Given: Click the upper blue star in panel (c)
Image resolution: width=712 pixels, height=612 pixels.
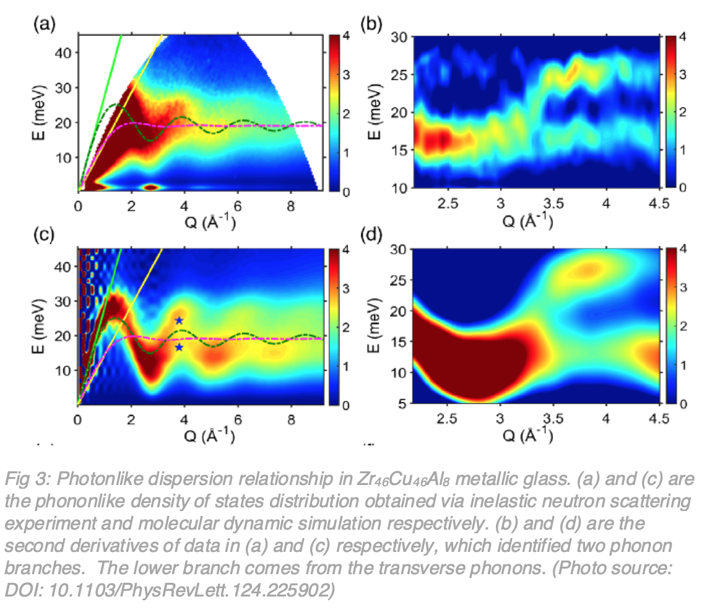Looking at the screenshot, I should pyautogui.click(x=179, y=320).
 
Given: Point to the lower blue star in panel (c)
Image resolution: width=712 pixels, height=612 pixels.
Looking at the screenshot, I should pyautogui.click(x=179, y=348).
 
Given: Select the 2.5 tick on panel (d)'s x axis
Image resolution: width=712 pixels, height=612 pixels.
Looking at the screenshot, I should pyautogui.click(x=449, y=419).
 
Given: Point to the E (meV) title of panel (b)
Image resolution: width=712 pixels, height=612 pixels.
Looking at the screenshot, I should pyautogui.click(x=380, y=111).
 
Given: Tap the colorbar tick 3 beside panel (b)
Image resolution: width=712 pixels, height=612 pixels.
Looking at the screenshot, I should pyautogui.click(x=685, y=74).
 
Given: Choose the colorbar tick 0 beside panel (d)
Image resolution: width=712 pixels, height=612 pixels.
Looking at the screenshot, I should pyautogui.click(x=685, y=404).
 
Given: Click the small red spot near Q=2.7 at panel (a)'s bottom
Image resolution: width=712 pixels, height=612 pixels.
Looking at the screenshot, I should pyautogui.click(x=151, y=186).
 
